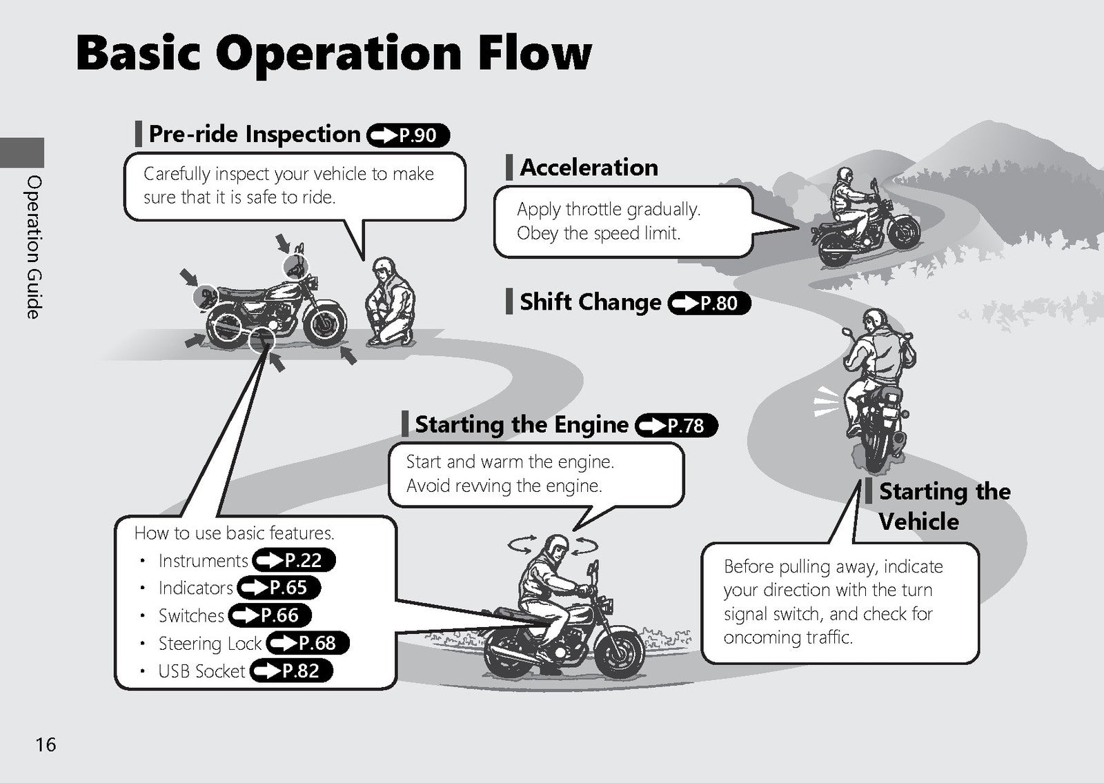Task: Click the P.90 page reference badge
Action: tap(408, 135)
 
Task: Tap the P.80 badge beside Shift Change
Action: tap(709, 303)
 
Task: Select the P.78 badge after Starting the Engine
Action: tap(677, 425)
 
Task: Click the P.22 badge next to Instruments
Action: tap(294, 560)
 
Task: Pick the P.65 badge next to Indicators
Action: tap(279, 588)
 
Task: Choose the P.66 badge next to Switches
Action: tap(270, 615)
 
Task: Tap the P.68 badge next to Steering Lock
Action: tap(308, 643)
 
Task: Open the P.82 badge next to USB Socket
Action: tap(291, 671)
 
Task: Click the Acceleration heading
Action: tap(589, 168)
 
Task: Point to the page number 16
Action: tap(46, 744)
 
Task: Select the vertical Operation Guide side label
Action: tap(34, 247)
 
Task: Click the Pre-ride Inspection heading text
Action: tap(255, 134)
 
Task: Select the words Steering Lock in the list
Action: tap(210, 644)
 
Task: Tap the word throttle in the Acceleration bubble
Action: tap(594, 210)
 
